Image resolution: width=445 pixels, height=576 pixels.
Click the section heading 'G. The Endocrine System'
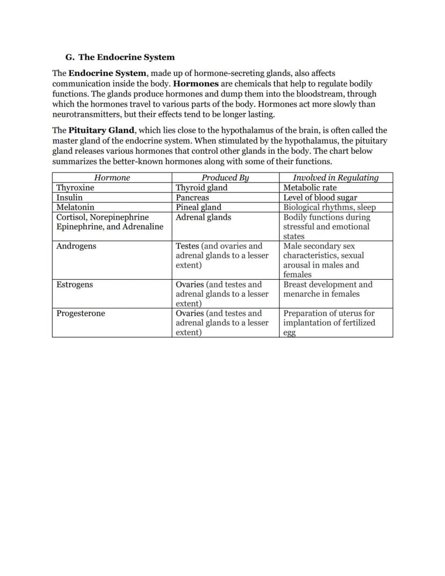120,57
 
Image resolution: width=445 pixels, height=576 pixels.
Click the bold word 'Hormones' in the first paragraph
196,84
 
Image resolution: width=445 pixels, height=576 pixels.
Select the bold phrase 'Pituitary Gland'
101,130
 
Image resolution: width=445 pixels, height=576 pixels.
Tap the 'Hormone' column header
112,177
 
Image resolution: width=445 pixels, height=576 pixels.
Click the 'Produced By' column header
225,177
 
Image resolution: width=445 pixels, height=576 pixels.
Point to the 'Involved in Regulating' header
335,177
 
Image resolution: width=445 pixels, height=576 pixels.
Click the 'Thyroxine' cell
75,188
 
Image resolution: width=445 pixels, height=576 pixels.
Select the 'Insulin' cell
69,197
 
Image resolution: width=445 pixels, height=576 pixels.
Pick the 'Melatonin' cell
75,207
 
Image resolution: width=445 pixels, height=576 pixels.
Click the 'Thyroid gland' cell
202,188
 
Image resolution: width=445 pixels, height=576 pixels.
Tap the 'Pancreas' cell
192,197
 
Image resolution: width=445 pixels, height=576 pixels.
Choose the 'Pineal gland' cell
198,207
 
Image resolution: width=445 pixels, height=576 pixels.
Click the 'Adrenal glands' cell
203,217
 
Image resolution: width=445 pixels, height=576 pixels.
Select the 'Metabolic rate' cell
310,188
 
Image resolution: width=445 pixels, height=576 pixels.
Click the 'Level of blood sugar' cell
320,197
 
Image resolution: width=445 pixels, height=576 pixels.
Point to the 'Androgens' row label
76,246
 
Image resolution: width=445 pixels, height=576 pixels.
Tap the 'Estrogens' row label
75,285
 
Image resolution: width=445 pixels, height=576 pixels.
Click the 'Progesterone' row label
81,314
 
